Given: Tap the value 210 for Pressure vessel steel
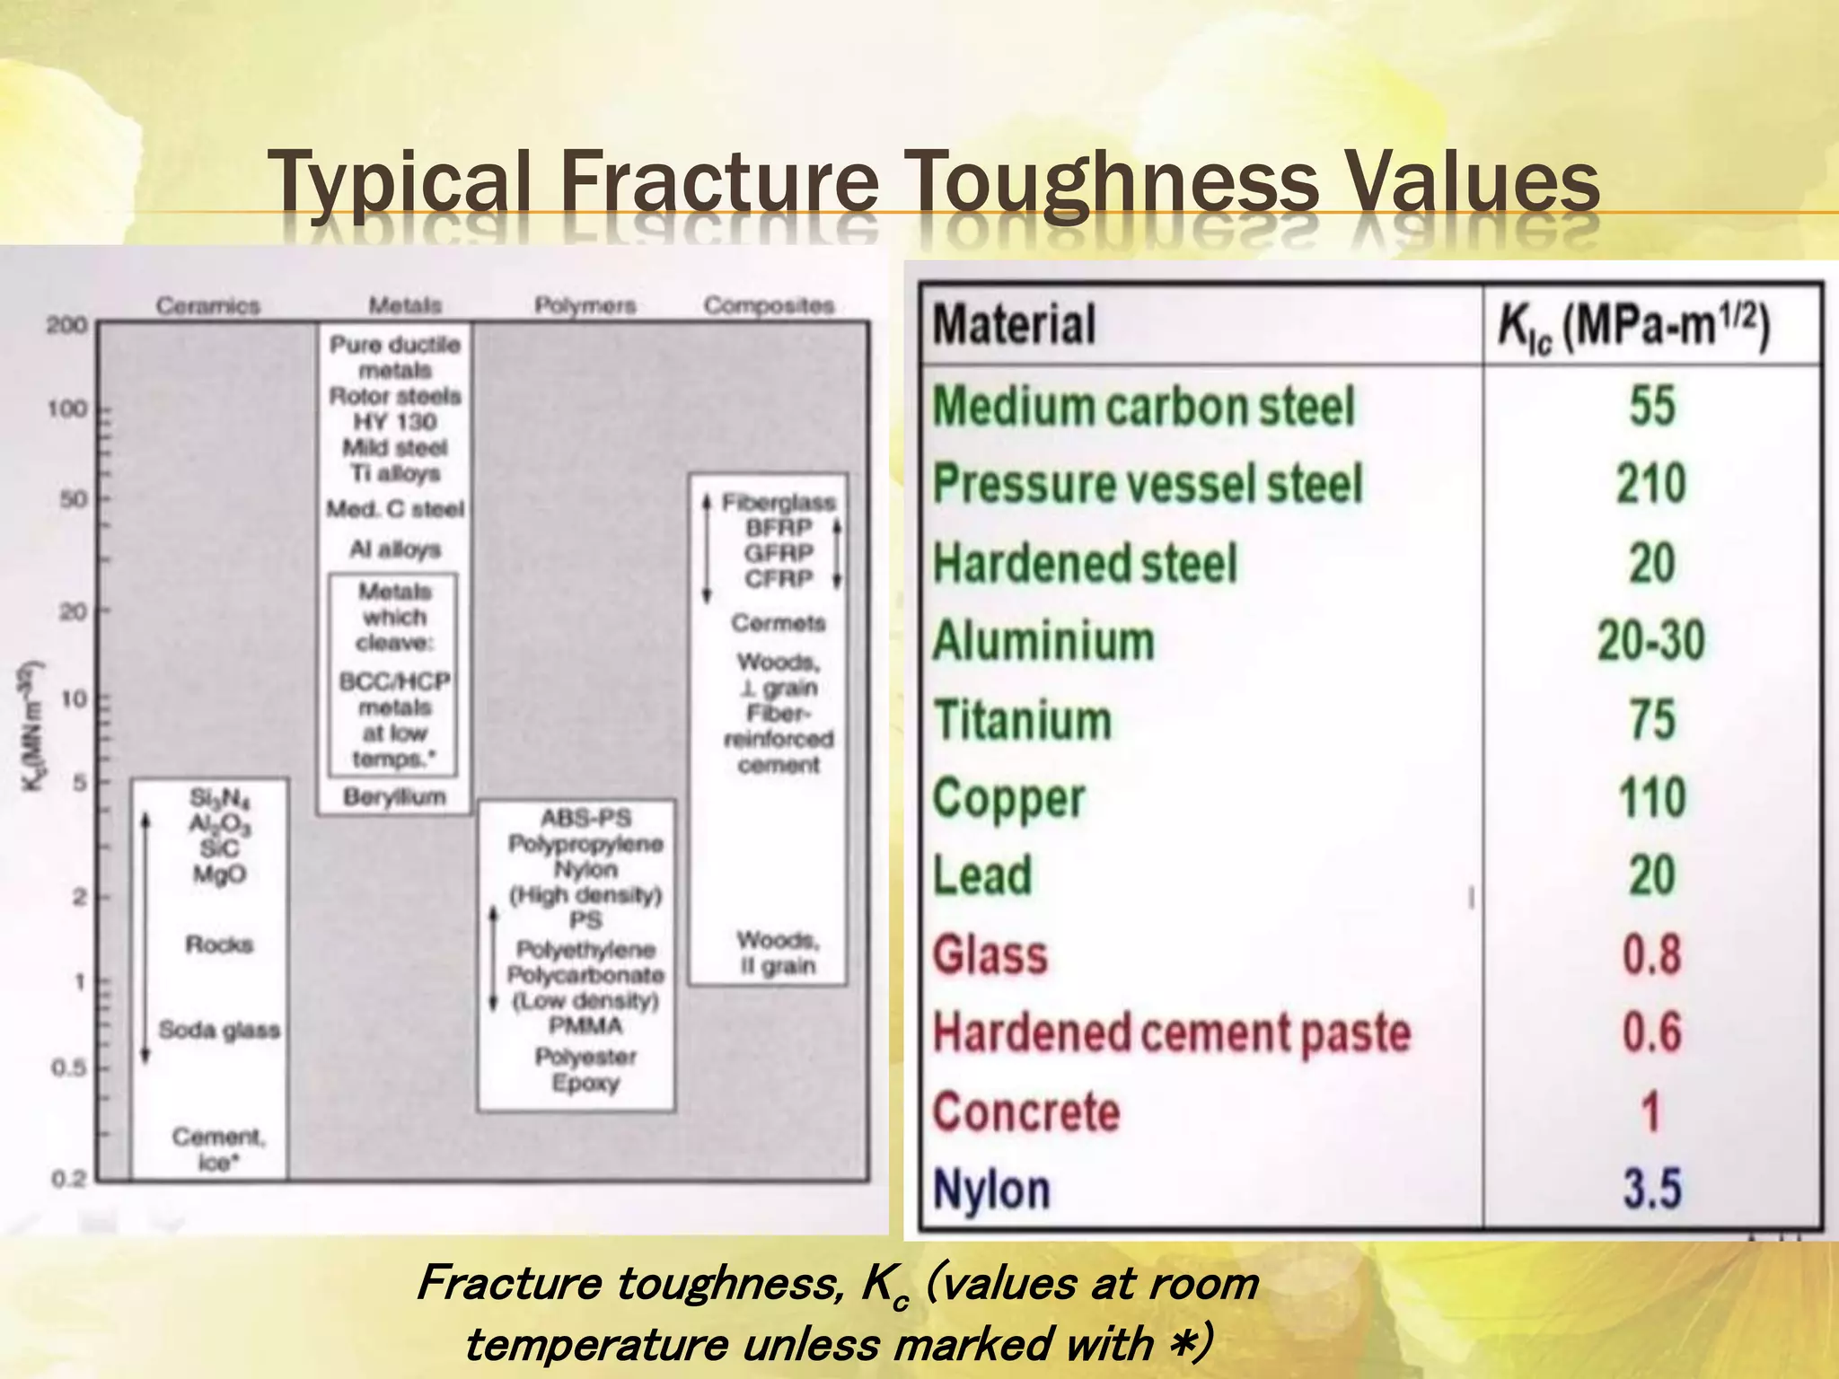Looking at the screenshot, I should point(1651,484).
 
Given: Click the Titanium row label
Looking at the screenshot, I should point(1023,721).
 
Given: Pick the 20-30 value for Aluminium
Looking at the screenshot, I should point(1650,642).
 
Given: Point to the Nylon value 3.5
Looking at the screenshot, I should point(1651,1190).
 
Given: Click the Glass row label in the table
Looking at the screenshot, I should point(990,954).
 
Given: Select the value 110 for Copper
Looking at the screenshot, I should point(1651,798).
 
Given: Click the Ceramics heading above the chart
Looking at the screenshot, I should point(208,306).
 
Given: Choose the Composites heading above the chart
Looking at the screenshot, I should point(769,306).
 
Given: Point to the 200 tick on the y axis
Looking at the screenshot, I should point(67,325).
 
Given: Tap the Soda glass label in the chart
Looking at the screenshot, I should point(219,1030).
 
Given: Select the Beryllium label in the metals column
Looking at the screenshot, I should point(395,796).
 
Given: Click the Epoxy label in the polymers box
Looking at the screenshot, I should point(585,1083).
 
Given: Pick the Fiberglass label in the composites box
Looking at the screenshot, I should point(779,503).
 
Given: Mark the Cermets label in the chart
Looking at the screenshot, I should point(778,623).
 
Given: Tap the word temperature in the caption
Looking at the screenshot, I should point(597,1344).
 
